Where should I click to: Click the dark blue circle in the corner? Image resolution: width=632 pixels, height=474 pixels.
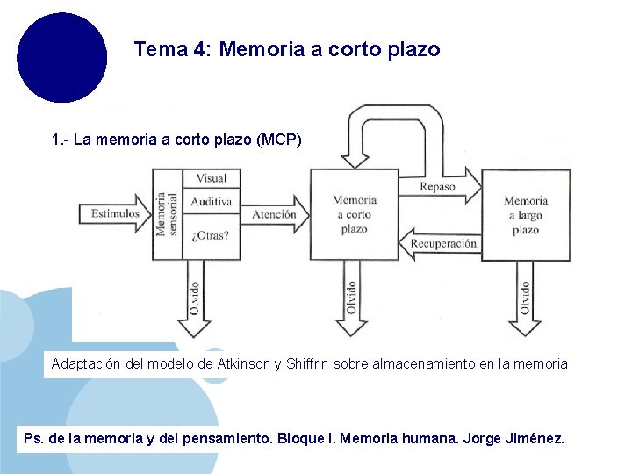(61, 57)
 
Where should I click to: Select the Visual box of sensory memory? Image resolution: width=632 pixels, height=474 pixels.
(211, 178)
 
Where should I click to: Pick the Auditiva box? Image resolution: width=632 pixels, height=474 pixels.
(211, 202)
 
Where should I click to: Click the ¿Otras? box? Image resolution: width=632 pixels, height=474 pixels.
(211, 235)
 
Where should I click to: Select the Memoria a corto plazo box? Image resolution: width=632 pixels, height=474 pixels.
(354, 215)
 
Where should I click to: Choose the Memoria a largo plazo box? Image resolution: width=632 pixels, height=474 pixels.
(525, 215)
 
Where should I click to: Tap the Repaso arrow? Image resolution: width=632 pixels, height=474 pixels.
(439, 187)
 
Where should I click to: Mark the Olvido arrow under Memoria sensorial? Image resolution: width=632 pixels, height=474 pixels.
(194, 303)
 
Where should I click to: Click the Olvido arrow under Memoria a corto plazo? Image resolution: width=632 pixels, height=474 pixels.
(352, 303)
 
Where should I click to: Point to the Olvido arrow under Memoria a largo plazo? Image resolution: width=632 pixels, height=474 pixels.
(525, 303)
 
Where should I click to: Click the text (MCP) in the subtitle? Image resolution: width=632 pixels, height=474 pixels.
(281, 140)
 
